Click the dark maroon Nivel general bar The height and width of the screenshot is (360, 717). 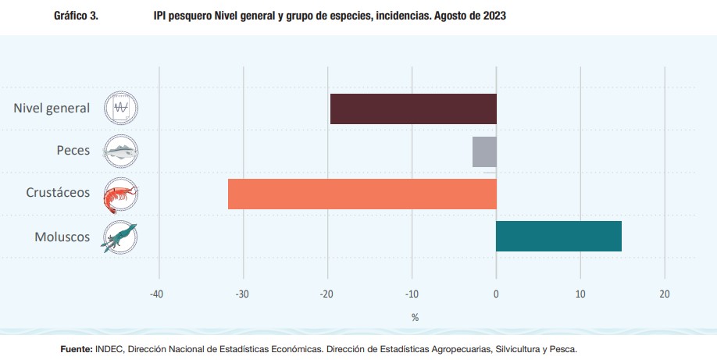tap(413, 109)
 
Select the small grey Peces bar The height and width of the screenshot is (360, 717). tap(484, 151)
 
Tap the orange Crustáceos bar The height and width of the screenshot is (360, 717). tap(362, 194)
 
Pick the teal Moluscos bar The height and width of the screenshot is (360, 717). tap(558, 237)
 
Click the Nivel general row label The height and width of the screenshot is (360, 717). tap(52, 108)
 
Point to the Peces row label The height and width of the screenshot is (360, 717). tap(73, 150)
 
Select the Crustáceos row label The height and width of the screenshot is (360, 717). tap(57, 192)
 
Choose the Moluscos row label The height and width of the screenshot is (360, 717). tap(62, 236)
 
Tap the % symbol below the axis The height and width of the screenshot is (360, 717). tap(415, 317)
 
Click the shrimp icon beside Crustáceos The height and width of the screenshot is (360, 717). tap(121, 194)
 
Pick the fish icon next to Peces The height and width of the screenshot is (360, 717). tap(121, 151)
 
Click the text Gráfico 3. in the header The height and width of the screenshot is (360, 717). tap(76, 16)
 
